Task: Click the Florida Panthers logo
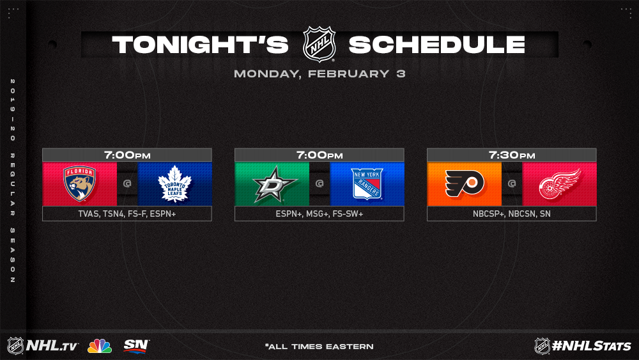click(x=79, y=184)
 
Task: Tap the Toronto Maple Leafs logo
click(x=175, y=184)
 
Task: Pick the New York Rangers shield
click(x=367, y=184)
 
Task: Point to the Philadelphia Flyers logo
click(x=465, y=184)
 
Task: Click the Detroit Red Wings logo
click(x=560, y=184)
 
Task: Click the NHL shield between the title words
click(x=319, y=44)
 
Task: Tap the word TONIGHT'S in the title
click(x=200, y=44)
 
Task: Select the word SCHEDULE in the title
click(x=437, y=44)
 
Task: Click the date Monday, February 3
click(x=319, y=74)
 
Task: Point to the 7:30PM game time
click(x=512, y=155)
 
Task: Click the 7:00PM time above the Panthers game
click(x=127, y=155)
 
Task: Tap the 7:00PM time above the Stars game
click(x=319, y=155)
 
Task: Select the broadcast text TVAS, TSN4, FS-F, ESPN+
click(x=127, y=214)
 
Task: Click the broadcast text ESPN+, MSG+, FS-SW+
click(x=319, y=214)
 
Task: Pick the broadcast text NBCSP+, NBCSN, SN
click(x=512, y=214)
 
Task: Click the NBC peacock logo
click(x=100, y=346)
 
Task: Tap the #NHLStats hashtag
click(x=591, y=346)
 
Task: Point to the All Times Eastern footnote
click(x=319, y=347)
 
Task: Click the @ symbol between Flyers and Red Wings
click(x=512, y=184)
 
